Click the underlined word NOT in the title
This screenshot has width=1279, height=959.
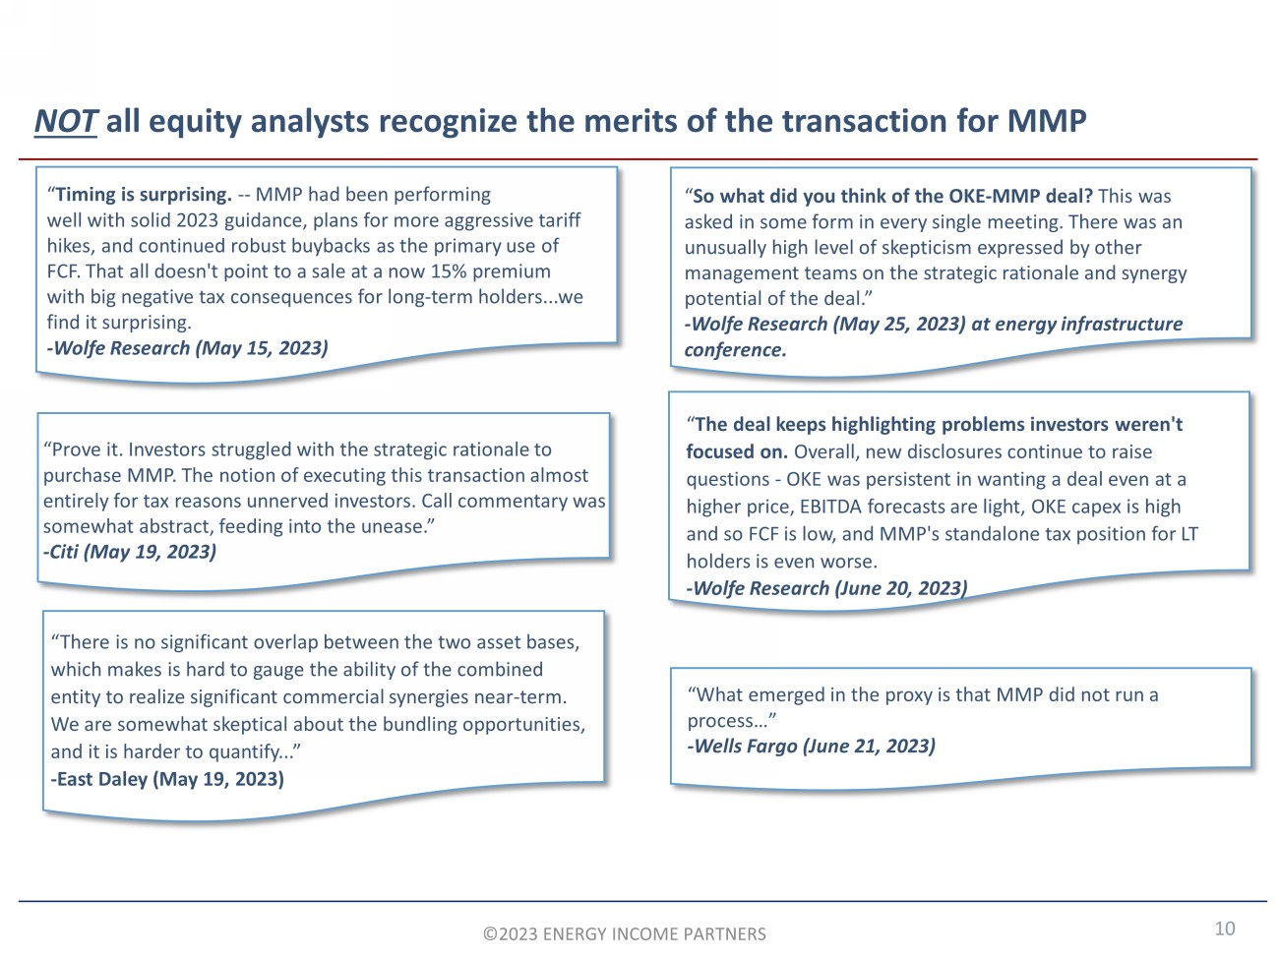coord(65,122)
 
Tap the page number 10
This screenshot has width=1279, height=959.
coord(1224,929)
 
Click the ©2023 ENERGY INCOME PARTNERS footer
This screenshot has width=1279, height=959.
coord(624,934)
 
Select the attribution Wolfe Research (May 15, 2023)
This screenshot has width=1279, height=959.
coord(188,348)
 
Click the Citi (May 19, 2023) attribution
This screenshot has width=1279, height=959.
coord(130,552)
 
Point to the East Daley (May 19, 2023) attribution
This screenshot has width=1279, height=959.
coord(167,779)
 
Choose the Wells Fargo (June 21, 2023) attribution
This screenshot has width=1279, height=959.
coord(811,746)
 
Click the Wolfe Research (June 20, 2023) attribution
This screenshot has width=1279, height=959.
coord(826,588)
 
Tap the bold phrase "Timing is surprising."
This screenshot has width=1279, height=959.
coord(144,195)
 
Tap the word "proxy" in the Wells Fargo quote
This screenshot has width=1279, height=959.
coord(906,694)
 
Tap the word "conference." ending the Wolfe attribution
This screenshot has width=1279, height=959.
coord(736,350)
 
